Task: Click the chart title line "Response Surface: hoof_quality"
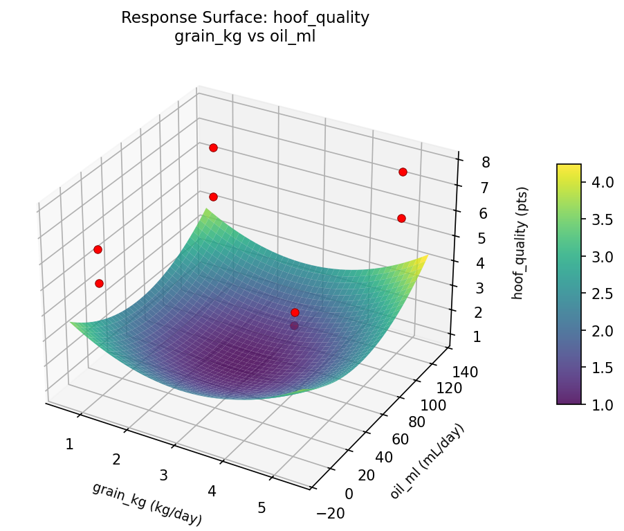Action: [245, 18]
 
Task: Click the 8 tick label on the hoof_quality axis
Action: [486, 163]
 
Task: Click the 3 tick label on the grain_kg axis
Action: [164, 476]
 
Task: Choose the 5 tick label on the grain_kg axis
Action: [261, 507]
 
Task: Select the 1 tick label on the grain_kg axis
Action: [69, 444]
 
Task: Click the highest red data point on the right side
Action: [403, 172]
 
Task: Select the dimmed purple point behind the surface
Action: [295, 325]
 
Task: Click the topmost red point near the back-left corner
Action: [213, 147]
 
